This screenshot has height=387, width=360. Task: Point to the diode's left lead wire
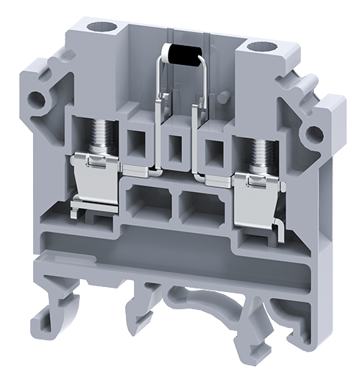click(x=156, y=79)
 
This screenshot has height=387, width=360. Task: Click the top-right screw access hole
click(x=258, y=47)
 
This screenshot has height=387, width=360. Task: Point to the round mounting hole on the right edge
click(x=312, y=135)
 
